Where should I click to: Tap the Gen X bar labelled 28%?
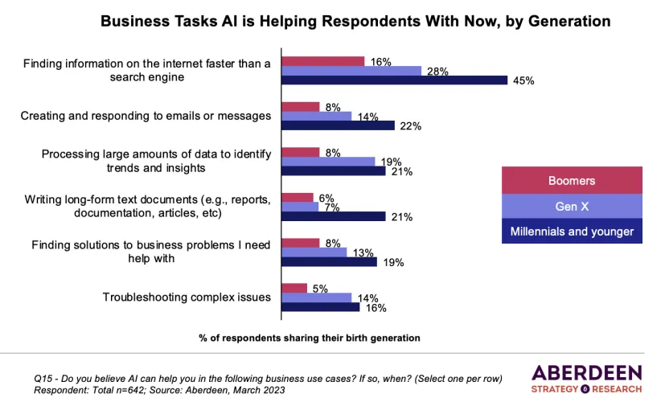point(350,71)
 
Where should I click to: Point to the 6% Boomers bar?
point(295,197)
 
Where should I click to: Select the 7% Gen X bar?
point(298,207)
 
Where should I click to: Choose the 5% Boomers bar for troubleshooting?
point(293,288)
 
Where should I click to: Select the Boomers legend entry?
point(572,181)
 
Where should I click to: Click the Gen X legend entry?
point(572,207)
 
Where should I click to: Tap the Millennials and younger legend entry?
point(572,232)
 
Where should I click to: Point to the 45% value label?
point(524,80)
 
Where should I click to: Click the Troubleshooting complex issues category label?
point(187,297)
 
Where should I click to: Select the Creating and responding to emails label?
point(146,116)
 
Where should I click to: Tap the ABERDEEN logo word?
point(586,371)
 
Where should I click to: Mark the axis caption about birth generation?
point(310,338)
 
